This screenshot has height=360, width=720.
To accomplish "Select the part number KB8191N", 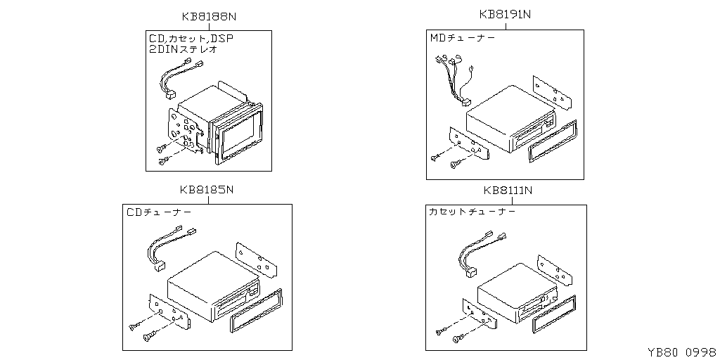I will click(505, 14).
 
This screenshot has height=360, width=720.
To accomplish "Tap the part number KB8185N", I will click(206, 189).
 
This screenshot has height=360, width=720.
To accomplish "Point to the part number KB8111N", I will click(508, 190).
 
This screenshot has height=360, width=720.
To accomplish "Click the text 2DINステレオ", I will click(184, 50).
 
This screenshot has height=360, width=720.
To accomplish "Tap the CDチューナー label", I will click(158, 211).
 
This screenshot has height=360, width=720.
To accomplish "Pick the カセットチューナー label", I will click(472, 211).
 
